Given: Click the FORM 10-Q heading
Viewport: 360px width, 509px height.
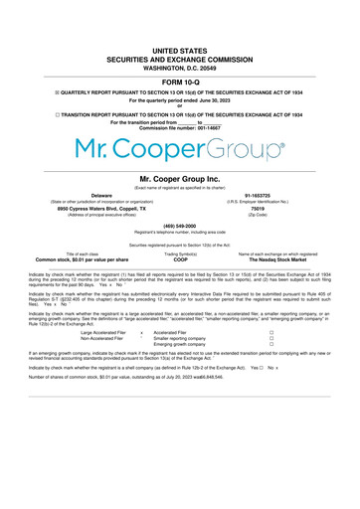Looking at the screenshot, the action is (179, 82).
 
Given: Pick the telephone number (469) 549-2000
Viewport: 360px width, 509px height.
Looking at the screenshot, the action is (179, 225).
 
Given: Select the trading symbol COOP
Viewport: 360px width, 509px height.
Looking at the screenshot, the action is (180, 259).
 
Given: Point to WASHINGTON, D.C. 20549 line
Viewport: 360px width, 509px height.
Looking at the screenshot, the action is (179, 66).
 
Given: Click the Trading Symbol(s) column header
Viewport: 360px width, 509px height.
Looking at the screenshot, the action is (180, 254).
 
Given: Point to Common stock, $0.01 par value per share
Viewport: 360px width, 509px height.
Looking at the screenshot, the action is (83, 259).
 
